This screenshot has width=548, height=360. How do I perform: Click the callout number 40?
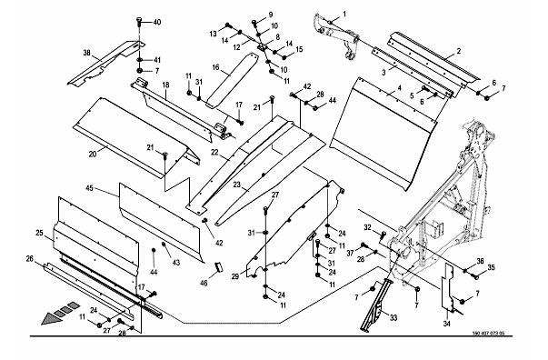click(157, 22)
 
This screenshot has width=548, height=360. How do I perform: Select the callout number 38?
click(86, 53)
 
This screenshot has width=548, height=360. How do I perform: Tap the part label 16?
click(215, 66)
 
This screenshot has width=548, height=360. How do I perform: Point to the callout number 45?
click(89, 188)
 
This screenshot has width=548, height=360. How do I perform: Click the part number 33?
click(394, 317)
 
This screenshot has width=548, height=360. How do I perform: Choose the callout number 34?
click(446, 324)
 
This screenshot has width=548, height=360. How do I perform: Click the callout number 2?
click(459, 51)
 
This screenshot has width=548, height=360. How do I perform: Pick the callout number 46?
click(204, 283)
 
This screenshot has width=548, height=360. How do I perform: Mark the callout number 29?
click(235, 276)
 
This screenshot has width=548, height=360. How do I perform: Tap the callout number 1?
click(344, 14)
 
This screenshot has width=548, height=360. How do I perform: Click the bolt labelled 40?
click(139, 23)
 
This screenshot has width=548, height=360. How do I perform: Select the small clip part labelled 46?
click(218, 266)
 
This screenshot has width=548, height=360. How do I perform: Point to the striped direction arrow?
click(61, 313)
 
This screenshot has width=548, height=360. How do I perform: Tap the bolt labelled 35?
click(475, 276)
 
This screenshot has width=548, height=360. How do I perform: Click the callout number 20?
click(93, 154)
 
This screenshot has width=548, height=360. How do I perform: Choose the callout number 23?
click(237, 185)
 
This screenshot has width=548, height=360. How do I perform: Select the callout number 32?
click(367, 227)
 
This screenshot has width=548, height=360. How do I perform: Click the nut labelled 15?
click(284, 57)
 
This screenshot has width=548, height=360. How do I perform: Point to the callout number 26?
click(30, 259)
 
